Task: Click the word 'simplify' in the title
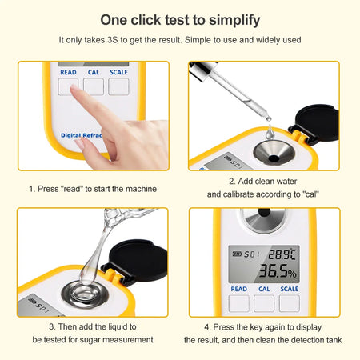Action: click(x=232, y=18)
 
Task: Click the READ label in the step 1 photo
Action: click(x=69, y=72)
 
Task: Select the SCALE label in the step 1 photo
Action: click(x=118, y=72)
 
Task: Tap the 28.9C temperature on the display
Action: click(x=282, y=254)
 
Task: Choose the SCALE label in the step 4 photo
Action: click(x=289, y=290)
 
